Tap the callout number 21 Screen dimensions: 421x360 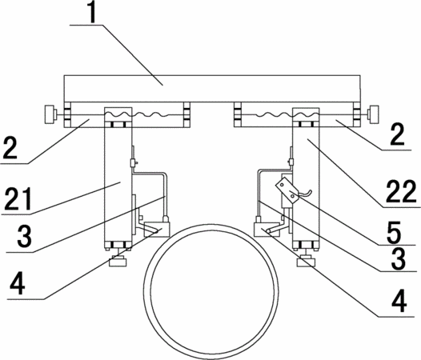(x=18, y=199)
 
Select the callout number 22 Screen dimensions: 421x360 (x=401, y=191)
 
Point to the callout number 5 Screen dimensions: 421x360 (x=394, y=232)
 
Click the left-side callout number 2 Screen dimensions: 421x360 (x=10, y=147)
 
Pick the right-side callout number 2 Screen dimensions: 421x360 (x=397, y=134)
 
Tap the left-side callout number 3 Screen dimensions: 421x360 (x=25, y=236)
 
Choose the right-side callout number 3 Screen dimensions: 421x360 (x=399, y=258)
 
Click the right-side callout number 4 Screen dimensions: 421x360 (x=399, y=302)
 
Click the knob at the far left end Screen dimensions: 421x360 (x=49, y=114)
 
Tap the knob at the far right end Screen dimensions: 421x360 (x=374, y=114)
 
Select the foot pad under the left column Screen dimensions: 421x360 (x=118, y=261)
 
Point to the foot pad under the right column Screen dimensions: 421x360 (x=305, y=262)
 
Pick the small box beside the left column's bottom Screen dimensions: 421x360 (x=157, y=230)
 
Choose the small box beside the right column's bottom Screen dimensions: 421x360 (x=267, y=230)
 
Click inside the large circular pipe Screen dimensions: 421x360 (x=210, y=290)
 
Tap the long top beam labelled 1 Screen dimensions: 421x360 (x=212, y=89)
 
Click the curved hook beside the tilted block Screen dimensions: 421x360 (x=305, y=193)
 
